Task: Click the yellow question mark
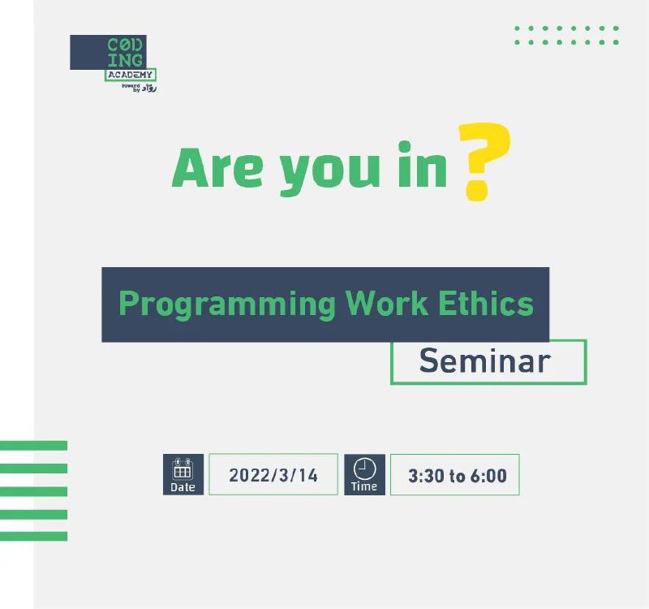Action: click(484, 162)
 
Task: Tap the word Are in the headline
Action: click(217, 169)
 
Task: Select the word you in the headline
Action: click(330, 173)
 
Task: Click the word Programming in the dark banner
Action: click(227, 304)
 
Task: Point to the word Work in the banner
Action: click(387, 303)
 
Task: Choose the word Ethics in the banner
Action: click(486, 303)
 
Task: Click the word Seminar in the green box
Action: click(484, 361)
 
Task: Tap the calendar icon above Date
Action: click(183, 469)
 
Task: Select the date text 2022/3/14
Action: click(273, 475)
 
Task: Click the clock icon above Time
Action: click(364, 469)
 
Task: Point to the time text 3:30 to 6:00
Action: click(458, 476)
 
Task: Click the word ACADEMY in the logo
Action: click(130, 75)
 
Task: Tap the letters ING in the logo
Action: click(125, 60)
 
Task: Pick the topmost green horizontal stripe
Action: click(33, 445)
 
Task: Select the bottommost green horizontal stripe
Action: click(33, 536)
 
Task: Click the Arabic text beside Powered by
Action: click(149, 88)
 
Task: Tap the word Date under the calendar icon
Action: click(183, 487)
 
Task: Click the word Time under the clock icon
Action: click(364, 486)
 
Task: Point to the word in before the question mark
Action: click(423, 165)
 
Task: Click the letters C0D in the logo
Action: click(125, 45)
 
